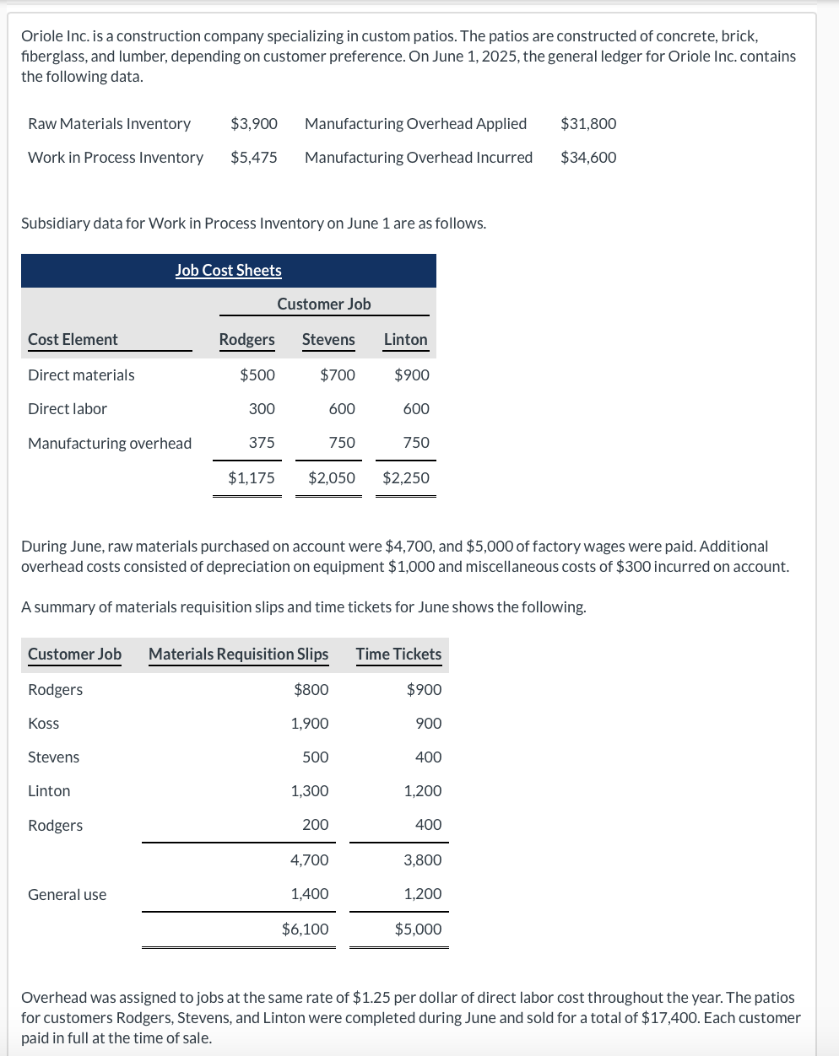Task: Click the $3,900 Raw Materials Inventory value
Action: click(x=254, y=124)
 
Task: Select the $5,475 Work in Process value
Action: click(x=254, y=158)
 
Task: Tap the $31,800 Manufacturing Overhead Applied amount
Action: click(x=588, y=124)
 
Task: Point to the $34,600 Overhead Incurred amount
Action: click(x=588, y=158)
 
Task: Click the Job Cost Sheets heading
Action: click(x=229, y=271)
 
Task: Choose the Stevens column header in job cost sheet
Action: click(x=328, y=340)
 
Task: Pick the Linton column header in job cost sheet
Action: click(x=405, y=340)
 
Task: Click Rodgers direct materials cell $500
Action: click(x=257, y=375)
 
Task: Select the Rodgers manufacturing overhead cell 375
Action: click(x=262, y=443)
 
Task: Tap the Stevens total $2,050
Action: click(x=332, y=478)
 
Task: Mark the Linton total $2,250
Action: click(x=406, y=478)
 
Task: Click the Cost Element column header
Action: click(x=73, y=340)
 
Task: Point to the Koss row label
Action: click(x=44, y=724)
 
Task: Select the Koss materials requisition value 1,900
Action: click(x=310, y=724)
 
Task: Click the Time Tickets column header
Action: click(x=398, y=655)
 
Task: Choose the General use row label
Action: click(x=68, y=895)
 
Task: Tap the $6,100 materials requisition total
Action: click(x=306, y=929)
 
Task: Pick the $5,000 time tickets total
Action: click(x=418, y=929)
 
